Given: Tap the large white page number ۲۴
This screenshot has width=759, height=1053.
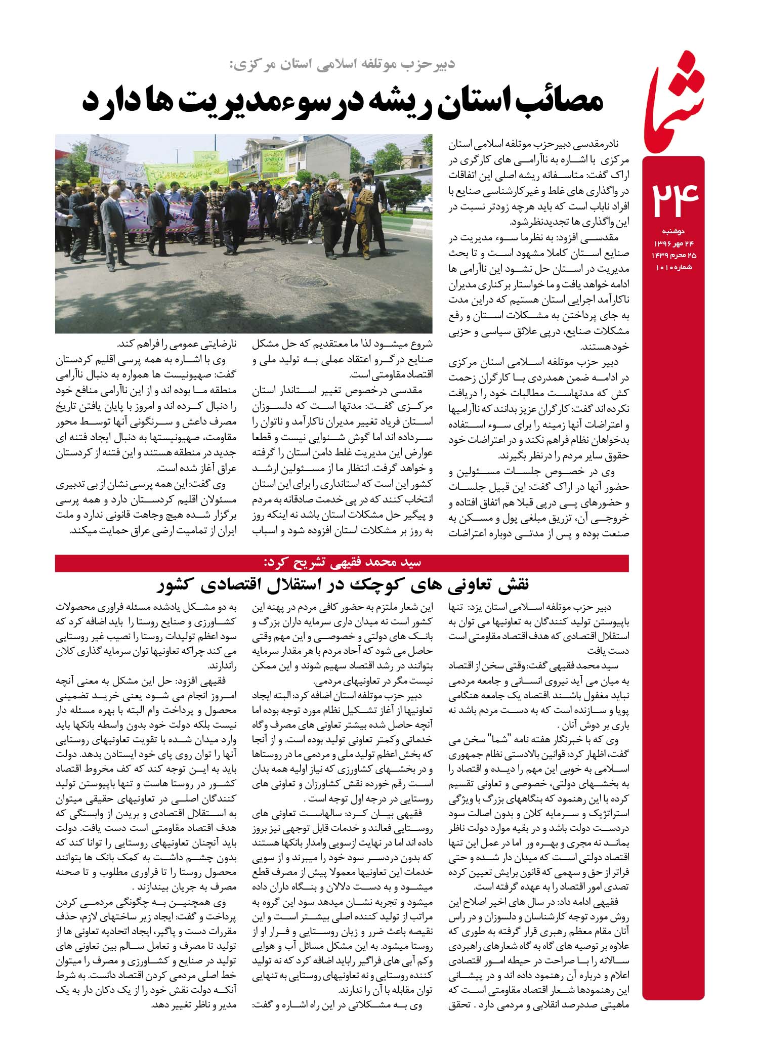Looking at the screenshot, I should [x=675, y=200].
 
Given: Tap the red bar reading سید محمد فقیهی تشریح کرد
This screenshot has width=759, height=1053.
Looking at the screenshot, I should [x=342, y=562].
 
